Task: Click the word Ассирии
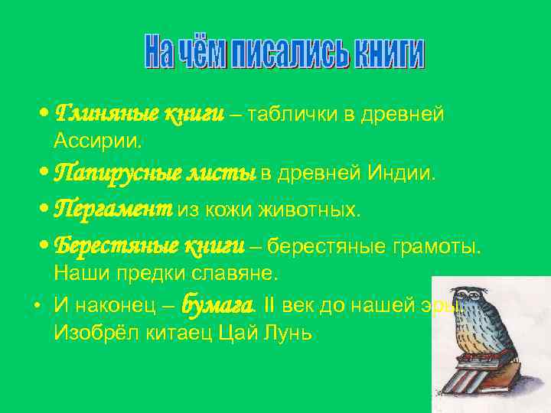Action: point(99,141)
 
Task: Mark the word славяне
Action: point(238,273)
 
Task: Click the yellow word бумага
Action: point(217,306)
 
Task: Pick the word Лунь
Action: point(289,333)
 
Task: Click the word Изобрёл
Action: point(86,333)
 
